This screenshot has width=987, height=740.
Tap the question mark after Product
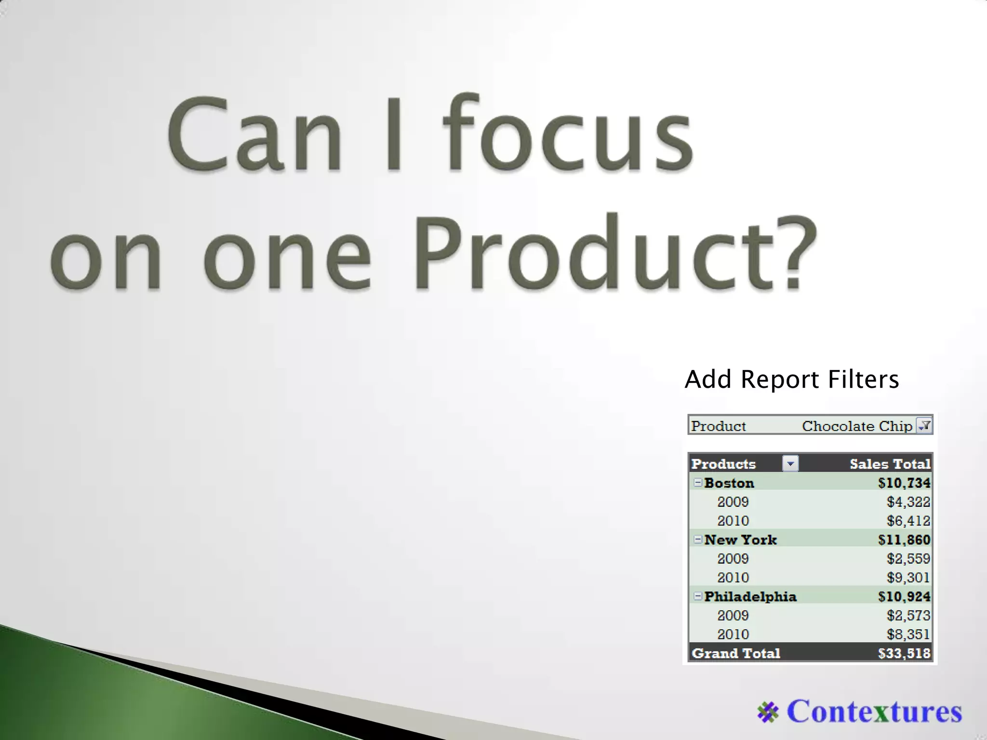791,253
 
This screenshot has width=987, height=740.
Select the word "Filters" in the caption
863,379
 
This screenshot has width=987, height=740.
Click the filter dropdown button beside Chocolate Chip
924,425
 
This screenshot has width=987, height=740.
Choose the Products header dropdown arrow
790,463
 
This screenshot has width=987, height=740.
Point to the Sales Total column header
890,464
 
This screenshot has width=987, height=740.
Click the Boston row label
729,483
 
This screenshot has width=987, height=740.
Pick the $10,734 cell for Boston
904,483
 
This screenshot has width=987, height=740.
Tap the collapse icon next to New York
697,540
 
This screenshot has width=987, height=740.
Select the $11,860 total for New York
904,540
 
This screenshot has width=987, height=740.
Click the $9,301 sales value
908,577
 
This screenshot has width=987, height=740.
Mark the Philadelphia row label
750,596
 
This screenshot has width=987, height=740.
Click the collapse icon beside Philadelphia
697,596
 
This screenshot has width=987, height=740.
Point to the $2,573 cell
908,615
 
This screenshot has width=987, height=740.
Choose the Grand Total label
736,653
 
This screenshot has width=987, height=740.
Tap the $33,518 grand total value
904,653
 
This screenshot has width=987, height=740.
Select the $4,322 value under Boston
908,502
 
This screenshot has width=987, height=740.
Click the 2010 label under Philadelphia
733,634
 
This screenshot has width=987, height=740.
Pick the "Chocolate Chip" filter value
857,426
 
